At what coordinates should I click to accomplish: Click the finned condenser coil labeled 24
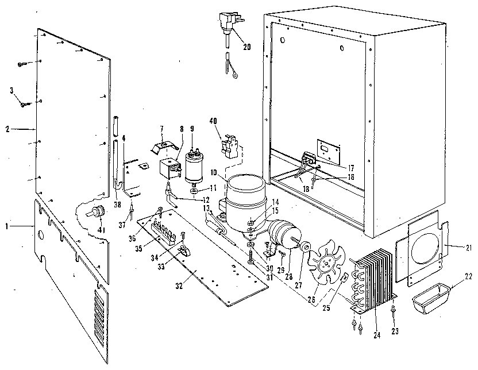tap(373, 276)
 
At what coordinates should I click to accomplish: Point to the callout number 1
tap(6, 226)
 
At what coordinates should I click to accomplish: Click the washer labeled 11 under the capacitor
tap(195, 190)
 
